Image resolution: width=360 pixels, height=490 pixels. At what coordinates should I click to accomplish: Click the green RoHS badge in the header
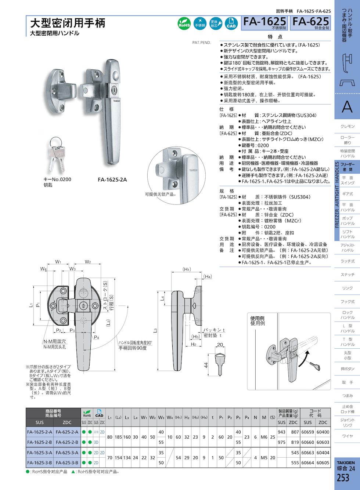point(184,23)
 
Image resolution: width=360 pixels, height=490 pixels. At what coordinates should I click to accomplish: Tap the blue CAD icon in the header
point(231,23)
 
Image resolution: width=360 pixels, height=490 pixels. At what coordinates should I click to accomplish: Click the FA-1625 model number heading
point(264,22)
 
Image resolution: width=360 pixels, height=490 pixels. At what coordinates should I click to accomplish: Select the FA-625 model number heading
point(311,22)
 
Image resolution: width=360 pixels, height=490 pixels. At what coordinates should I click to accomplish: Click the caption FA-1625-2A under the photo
point(112,179)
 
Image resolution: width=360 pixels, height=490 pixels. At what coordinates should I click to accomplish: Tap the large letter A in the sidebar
point(347,107)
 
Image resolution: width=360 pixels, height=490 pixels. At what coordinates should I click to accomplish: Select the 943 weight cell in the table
point(282,432)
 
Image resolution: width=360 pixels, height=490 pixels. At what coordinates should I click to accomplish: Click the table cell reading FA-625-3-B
point(67,463)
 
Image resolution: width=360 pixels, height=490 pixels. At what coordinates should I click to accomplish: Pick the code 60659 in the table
point(308,432)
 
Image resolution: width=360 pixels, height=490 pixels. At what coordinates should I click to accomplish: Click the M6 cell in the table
point(264,437)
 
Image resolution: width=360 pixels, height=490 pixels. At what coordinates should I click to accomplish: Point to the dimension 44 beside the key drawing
point(206,365)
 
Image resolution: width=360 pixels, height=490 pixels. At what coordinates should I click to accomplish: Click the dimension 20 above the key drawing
point(220,345)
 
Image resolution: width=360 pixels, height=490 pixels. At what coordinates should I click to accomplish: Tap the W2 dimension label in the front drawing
point(88,262)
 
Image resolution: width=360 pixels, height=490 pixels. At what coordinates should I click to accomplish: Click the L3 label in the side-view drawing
point(155,330)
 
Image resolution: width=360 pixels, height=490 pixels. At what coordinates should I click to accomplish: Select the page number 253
point(343,478)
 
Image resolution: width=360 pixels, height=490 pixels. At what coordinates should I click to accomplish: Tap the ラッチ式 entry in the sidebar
point(348,261)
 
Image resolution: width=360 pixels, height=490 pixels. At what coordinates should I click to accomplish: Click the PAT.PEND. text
point(202,43)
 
